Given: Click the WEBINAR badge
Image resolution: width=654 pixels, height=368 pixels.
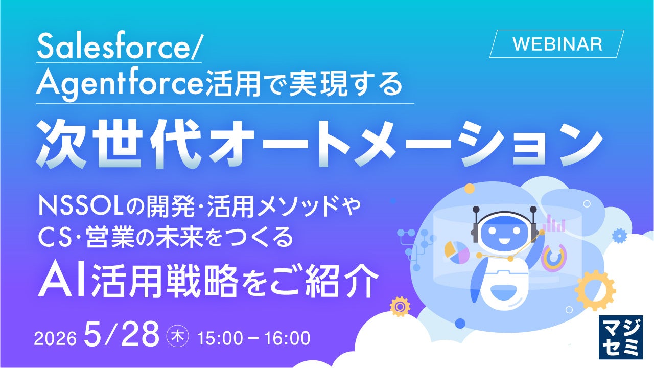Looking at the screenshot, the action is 556,44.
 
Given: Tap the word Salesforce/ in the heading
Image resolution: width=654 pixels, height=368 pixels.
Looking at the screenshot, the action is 118,47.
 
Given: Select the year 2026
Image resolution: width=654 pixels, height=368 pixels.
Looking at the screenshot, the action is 55,338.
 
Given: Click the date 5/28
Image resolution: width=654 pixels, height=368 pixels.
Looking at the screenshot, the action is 122,334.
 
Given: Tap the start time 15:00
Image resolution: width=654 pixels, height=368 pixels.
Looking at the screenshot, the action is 220,338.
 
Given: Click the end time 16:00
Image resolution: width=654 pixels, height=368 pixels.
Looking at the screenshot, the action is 288,338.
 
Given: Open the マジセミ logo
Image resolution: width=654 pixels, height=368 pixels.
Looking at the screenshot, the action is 621,337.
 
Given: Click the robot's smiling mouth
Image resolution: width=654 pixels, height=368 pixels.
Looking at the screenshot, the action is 504,242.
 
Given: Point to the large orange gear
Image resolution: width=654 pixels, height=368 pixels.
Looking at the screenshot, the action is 595,291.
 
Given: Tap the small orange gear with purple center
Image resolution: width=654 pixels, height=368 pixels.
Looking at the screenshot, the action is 400,307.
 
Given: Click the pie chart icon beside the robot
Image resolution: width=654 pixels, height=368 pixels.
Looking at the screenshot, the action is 457,252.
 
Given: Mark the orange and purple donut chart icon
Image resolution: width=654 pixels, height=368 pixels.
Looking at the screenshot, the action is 553,257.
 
